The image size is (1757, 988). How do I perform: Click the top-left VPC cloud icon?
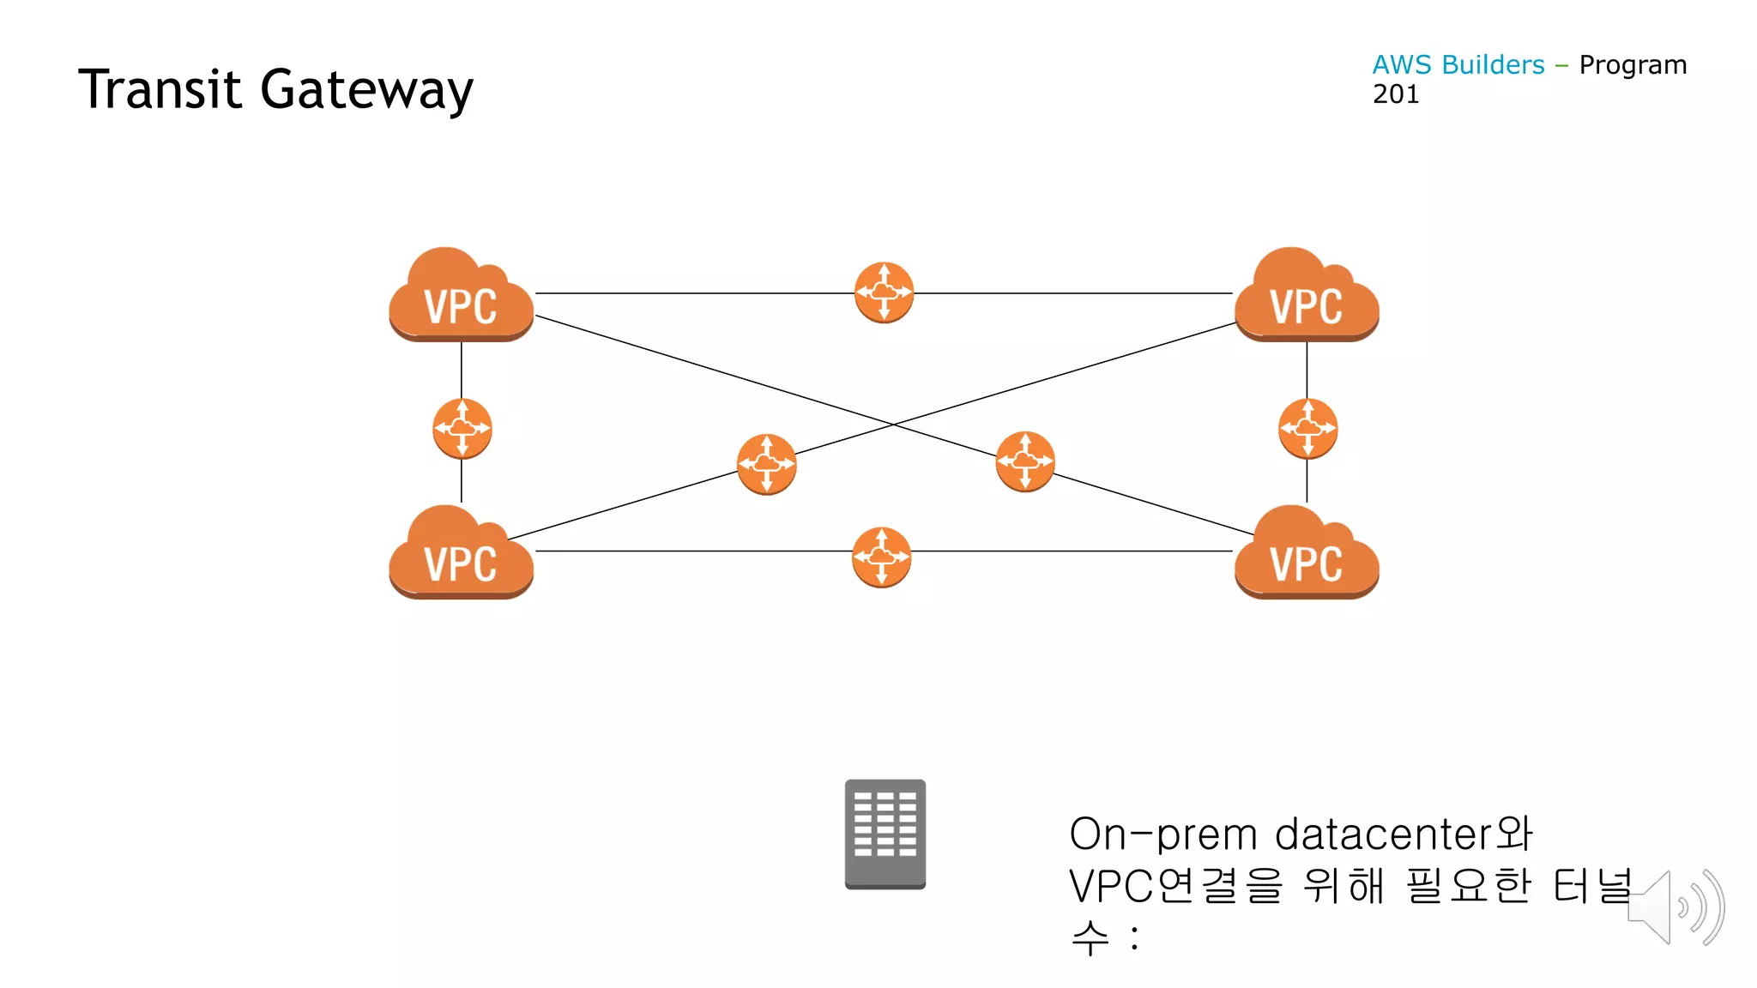[462, 296]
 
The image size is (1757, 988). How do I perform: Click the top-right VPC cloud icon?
[1307, 296]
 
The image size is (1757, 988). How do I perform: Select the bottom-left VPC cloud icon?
[462, 553]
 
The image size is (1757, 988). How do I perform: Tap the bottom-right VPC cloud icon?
[1307, 553]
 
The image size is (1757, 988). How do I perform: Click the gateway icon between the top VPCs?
[884, 292]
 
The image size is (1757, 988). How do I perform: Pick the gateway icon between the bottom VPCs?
[881, 557]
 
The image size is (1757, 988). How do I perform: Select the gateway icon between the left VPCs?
[462, 429]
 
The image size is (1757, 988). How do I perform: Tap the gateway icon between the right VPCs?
[1307, 429]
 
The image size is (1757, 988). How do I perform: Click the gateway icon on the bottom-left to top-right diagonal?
[766, 464]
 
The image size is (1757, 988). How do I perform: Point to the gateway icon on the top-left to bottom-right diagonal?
[1025, 461]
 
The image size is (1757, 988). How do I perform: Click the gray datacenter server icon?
[885, 834]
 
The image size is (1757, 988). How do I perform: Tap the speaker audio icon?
[1675, 907]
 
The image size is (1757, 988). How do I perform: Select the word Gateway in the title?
[366, 91]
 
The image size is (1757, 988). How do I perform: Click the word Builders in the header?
[1493, 65]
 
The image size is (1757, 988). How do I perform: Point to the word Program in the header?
[1633, 65]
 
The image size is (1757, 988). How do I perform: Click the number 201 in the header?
[1396, 94]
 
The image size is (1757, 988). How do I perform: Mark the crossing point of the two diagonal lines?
[893, 425]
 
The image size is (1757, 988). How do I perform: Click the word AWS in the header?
[1402, 65]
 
